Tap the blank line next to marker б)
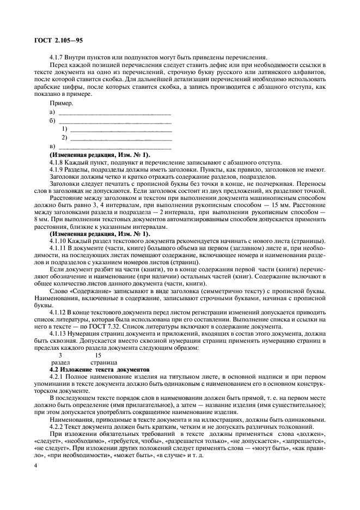pyautogui.click(x=114, y=121)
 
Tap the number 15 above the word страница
pyautogui.click(x=97, y=354)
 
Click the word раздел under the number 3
pyautogui.click(x=60, y=362)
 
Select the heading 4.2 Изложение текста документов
pyautogui.click(x=95, y=369)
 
